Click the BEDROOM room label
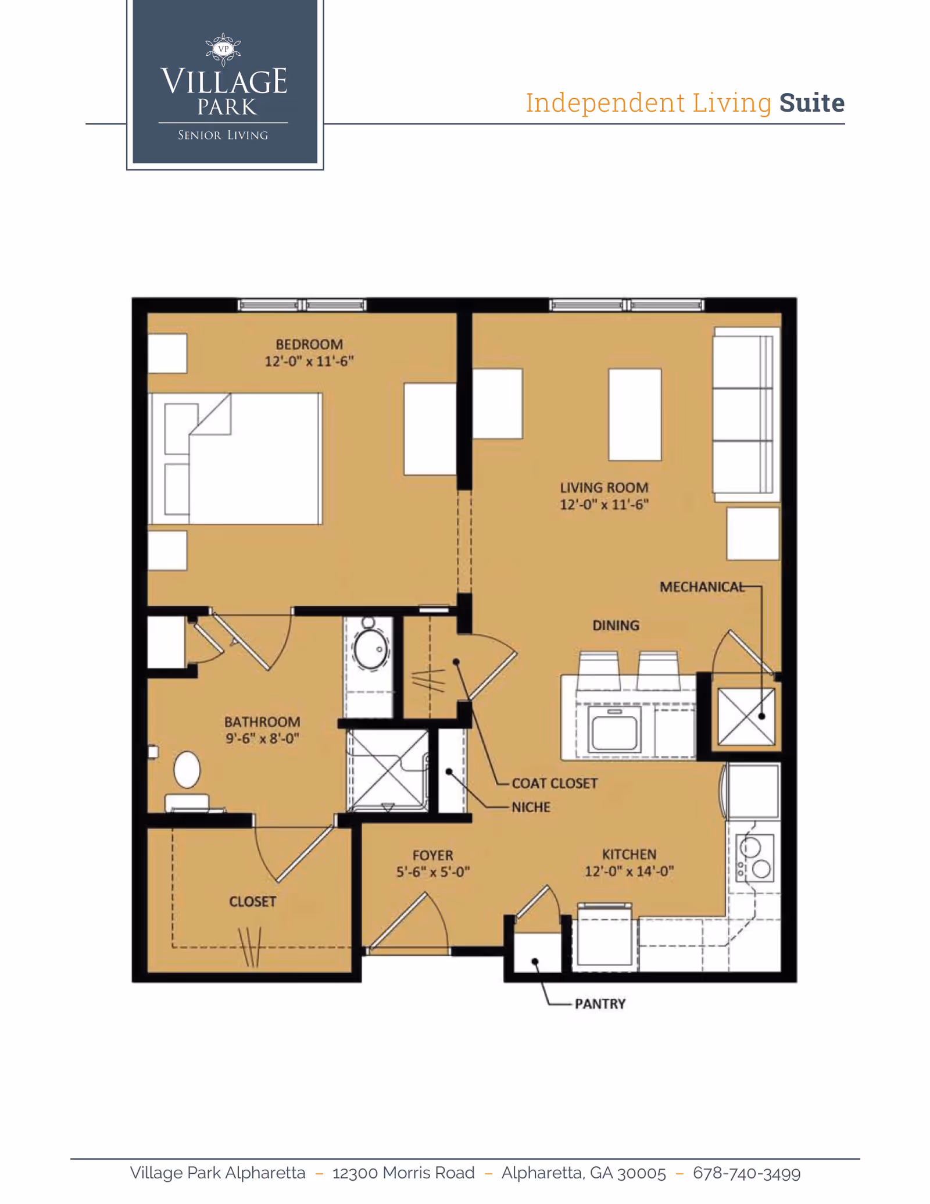click(x=309, y=344)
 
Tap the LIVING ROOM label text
click(x=603, y=488)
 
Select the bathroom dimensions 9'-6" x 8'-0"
click(x=262, y=738)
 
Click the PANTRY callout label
click(x=600, y=1004)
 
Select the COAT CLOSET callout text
click(x=554, y=783)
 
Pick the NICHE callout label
click(x=531, y=807)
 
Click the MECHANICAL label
click(x=702, y=587)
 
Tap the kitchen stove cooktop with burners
click(x=754, y=858)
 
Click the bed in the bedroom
click(x=235, y=459)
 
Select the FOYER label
click(x=432, y=855)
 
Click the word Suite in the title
click(x=811, y=103)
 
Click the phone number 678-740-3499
click(x=746, y=1173)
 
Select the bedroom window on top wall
click(x=302, y=305)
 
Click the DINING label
click(x=616, y=626)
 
